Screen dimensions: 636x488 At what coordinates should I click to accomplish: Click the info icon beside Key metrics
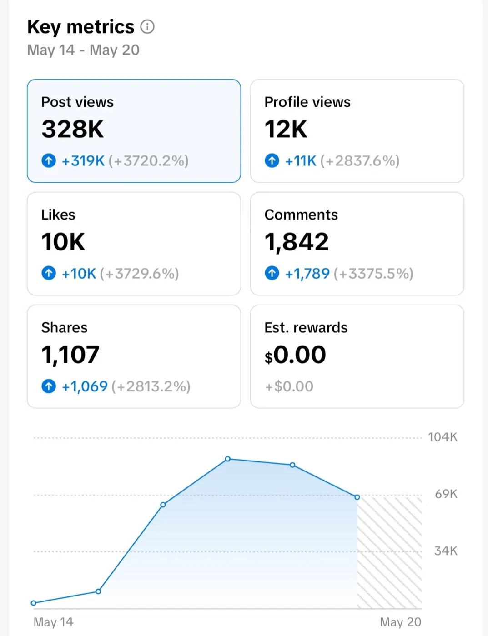pos(147,27)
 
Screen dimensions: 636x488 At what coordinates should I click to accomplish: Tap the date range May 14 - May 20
pos(83,50)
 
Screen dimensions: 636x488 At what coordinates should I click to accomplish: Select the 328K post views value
pos(73,129)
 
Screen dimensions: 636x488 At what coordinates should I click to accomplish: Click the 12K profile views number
pos(286,129)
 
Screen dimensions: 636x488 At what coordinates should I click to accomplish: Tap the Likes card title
pos(58,215)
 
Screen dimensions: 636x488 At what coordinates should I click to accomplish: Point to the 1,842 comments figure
pos(297,242)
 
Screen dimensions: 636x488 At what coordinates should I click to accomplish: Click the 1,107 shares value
pos(70,355)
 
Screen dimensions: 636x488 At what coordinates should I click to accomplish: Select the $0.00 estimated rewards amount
pos(296,355)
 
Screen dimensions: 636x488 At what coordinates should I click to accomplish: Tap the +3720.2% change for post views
pos(149,161)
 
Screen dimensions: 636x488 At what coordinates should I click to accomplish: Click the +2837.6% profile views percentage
pos(360,161)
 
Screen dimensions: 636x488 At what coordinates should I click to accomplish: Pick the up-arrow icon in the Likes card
pos(49,273)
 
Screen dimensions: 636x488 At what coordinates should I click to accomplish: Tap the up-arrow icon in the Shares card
pos(49,386)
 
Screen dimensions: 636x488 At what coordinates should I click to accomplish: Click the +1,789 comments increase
pos(307,274)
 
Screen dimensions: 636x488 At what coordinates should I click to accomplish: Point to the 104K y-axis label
pos(443,437)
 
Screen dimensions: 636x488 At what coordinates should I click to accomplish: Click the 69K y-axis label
pos(446,494)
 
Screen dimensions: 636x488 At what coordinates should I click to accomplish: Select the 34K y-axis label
pos(446,551)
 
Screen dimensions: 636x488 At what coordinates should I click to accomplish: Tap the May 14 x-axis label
pos(53,622)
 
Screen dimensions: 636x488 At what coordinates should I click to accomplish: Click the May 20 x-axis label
pos(400,622)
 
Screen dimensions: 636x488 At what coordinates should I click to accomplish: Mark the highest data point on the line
pos(228,459)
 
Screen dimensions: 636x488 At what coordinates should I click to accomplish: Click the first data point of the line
pos(33,603)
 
